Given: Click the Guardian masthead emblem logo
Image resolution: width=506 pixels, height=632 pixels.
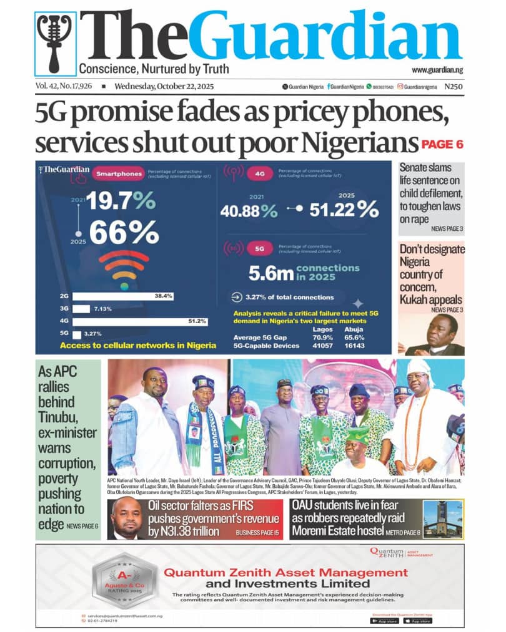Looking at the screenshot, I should click(x=56, y=43).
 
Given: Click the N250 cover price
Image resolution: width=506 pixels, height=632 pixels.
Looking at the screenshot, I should click(x=454, y=87).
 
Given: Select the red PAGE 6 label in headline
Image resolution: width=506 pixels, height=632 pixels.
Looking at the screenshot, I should click(x=442, y=145).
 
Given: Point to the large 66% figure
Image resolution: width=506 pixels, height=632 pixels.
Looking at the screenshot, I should click(x=124, y=233).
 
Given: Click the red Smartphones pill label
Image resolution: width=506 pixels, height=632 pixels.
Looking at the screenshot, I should click(x=118, y=175).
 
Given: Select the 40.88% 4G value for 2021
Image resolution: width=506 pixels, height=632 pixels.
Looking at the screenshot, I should click(x=248, y=211).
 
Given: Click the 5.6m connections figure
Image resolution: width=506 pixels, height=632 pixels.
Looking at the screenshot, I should click(x=272, y=273).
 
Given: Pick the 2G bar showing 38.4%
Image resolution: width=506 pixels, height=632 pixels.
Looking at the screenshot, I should click(x=122, y=296).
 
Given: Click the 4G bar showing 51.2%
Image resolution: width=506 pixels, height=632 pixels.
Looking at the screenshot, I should click(x=140, y=321).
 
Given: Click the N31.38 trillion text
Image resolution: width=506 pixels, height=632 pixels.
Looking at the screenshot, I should click(x=187, y=532).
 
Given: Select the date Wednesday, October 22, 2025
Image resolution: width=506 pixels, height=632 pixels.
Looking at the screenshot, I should click(x=160, y=87).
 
